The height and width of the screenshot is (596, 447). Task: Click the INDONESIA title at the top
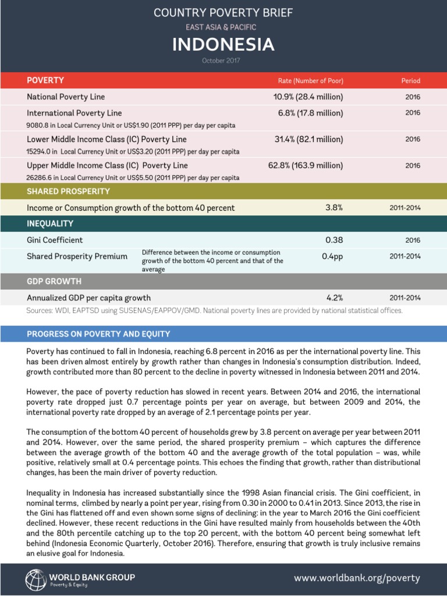point(223,45)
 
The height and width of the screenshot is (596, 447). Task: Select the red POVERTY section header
point(45,80)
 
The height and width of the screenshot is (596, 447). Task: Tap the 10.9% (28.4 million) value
point(308,97)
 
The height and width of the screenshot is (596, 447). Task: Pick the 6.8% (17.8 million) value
point(310,113)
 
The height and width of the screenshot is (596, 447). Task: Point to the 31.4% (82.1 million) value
point(308,139)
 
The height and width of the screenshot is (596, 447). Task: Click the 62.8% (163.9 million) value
point(306,165)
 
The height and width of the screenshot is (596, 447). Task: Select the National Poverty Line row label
point(66,97)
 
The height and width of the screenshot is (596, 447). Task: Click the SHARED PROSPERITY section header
point(68,191)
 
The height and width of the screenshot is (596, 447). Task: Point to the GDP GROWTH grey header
point(54,281)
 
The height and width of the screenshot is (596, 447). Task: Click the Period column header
point(410,80)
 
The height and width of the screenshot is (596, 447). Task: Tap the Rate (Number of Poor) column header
point(310,80)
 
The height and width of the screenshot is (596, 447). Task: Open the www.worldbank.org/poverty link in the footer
point(357,578)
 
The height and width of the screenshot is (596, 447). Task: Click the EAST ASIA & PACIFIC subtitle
point(223,27)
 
